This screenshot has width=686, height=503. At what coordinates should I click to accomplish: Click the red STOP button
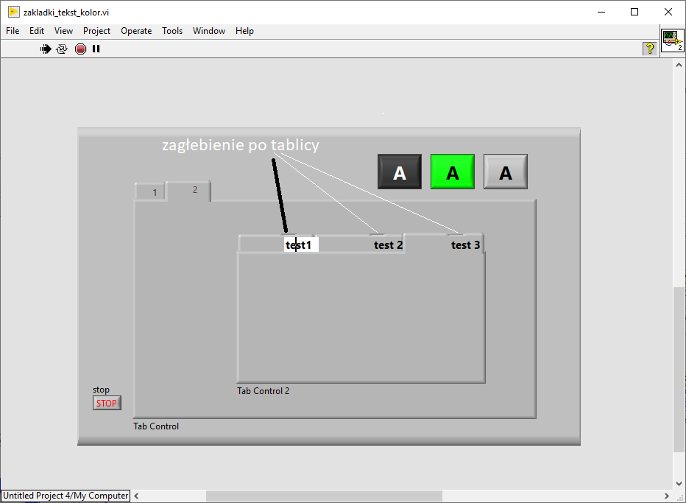[107, 403]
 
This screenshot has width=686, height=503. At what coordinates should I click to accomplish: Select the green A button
[453, 172]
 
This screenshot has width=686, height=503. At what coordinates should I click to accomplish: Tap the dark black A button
[400, 172]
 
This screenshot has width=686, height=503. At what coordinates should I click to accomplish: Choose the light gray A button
[506, 172]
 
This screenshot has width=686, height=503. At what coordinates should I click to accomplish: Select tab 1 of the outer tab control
[151, 191]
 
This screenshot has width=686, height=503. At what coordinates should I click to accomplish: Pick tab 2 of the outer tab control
[189, 191]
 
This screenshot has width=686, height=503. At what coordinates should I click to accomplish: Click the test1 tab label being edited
[301, 245]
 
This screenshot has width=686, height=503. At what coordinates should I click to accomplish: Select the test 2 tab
[388, 245]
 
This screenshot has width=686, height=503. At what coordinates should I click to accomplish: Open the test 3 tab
[465, 245]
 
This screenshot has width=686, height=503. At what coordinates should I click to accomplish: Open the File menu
[13, 31]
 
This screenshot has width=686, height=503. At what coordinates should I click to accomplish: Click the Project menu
[96, 31]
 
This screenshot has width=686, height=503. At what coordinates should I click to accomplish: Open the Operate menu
[136, 31]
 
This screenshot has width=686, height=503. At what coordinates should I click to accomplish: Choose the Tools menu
[172, 31]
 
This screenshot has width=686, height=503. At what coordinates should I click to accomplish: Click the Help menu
[244, 31]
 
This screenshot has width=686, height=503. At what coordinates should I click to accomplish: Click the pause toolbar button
[96, 49]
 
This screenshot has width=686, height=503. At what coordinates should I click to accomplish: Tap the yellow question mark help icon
[650, 48]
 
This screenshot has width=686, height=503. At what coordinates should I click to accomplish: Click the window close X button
[668, 12]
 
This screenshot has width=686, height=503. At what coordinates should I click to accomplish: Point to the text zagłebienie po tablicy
[241, 145]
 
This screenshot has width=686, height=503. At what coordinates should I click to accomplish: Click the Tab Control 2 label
[264, 391]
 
